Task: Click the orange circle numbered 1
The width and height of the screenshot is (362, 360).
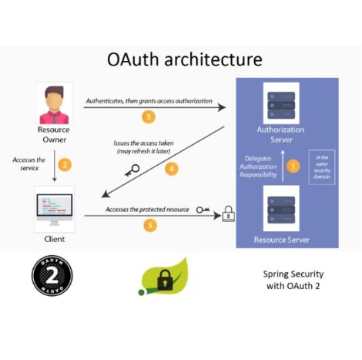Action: coord(293,166)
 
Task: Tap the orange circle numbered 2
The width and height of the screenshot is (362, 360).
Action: coord(65,164)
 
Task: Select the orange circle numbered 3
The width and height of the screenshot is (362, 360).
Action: coord(149,117)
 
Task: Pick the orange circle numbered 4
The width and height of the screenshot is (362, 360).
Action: coord(172,169)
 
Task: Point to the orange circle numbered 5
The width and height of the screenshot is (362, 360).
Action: coord(150,225)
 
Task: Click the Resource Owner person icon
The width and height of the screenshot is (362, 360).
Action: coord(54,105)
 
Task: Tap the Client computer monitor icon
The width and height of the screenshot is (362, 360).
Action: coord(55,210)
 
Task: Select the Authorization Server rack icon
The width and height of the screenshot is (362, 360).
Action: coord(281,105)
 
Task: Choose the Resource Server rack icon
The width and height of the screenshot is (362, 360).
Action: coord(281,210)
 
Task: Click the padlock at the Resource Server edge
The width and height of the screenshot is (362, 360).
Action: coord(229,214)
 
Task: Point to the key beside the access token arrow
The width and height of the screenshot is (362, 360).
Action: coord(132,170)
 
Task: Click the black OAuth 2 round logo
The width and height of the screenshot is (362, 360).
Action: coord(52,276)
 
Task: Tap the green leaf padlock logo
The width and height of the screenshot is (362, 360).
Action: coord(163,277)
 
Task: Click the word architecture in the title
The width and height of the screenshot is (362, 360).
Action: coord(213,59)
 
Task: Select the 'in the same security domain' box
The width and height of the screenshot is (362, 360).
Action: coord(322,167)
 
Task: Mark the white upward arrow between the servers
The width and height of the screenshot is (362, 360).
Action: coord(283,166)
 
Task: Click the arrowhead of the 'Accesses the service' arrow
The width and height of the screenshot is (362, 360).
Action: coord(55,180)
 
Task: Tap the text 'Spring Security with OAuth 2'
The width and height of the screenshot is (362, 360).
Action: coord(293,280)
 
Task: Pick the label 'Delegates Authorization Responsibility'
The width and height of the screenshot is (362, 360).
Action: coord(258,167)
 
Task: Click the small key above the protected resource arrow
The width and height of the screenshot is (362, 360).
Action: coord(203,210)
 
